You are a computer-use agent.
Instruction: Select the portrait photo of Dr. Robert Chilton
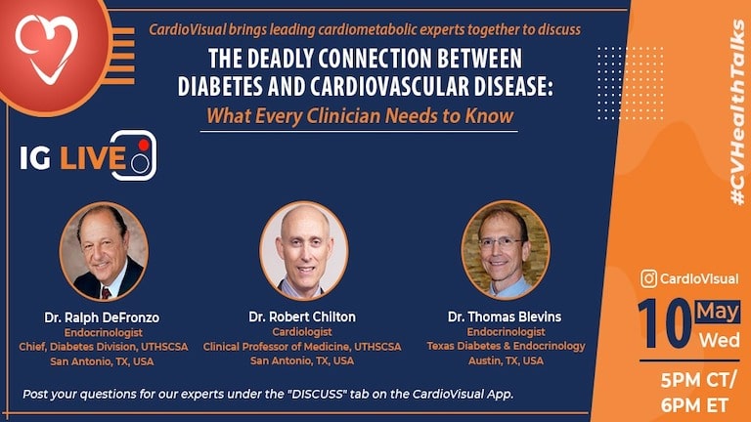(303, 249)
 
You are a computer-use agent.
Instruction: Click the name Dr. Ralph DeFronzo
(101, 316)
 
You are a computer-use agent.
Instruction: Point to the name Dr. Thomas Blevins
(506, 316)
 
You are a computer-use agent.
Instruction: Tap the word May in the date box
(718, 312)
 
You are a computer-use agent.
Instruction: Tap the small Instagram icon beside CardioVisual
(648, 279)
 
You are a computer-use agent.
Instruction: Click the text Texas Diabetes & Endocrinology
(506, 346)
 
